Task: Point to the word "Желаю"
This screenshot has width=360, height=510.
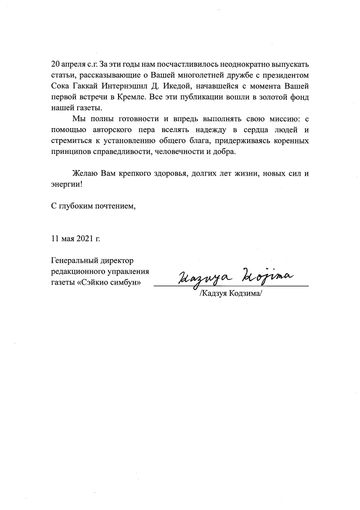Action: pos(85,173)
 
